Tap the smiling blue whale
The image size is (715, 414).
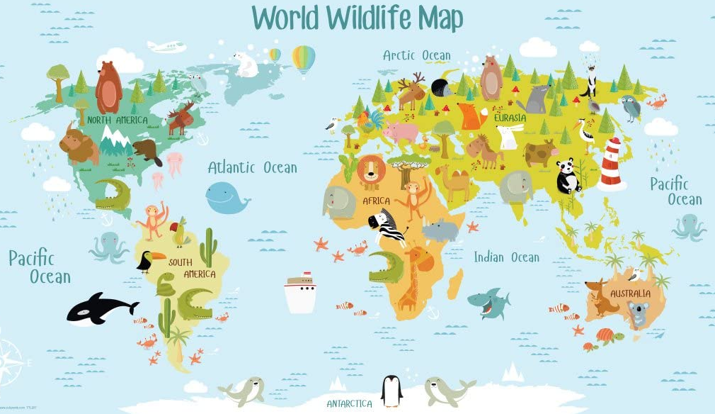pyautogui.click(x=226, y=197)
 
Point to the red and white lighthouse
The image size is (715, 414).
pyautogui.click(x=610, y=164)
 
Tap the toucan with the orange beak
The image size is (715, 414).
pyautogui.click(x=149, y=262)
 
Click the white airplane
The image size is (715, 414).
pyautogui.click(x=166, y=47)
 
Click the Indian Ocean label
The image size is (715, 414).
pyautogui.click(x=506, y=257)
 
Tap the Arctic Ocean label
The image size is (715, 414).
pyautogui.click(x=416, y=55)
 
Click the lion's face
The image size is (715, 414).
pyautogui.click(x=371, y=171)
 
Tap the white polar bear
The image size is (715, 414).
pyautogui.click(x=246, y=65)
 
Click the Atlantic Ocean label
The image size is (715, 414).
pyautogui.click(x=252, y=167)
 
